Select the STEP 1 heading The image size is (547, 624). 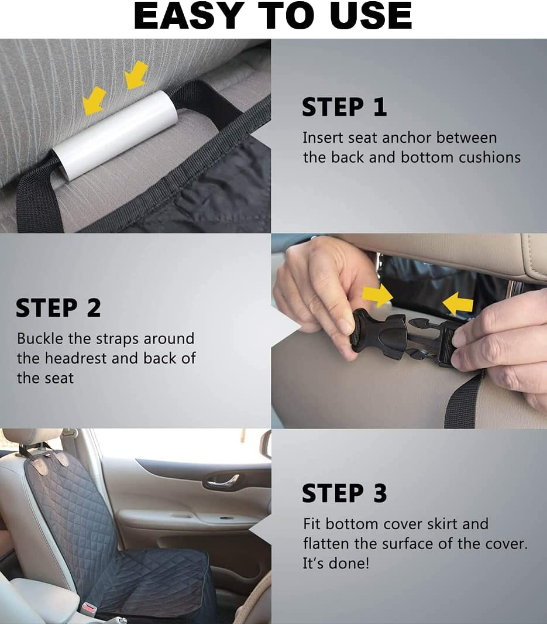coord(344,107)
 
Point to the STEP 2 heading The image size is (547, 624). coord(59,308)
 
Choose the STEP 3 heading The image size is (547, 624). coord(344,493)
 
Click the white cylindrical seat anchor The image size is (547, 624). coord(114,135)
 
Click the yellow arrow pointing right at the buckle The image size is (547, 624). coord(377,296)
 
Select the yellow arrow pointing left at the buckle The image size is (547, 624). coord(457,304)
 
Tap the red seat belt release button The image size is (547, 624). coord(89,608)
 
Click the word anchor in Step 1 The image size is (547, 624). coord(407,138)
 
